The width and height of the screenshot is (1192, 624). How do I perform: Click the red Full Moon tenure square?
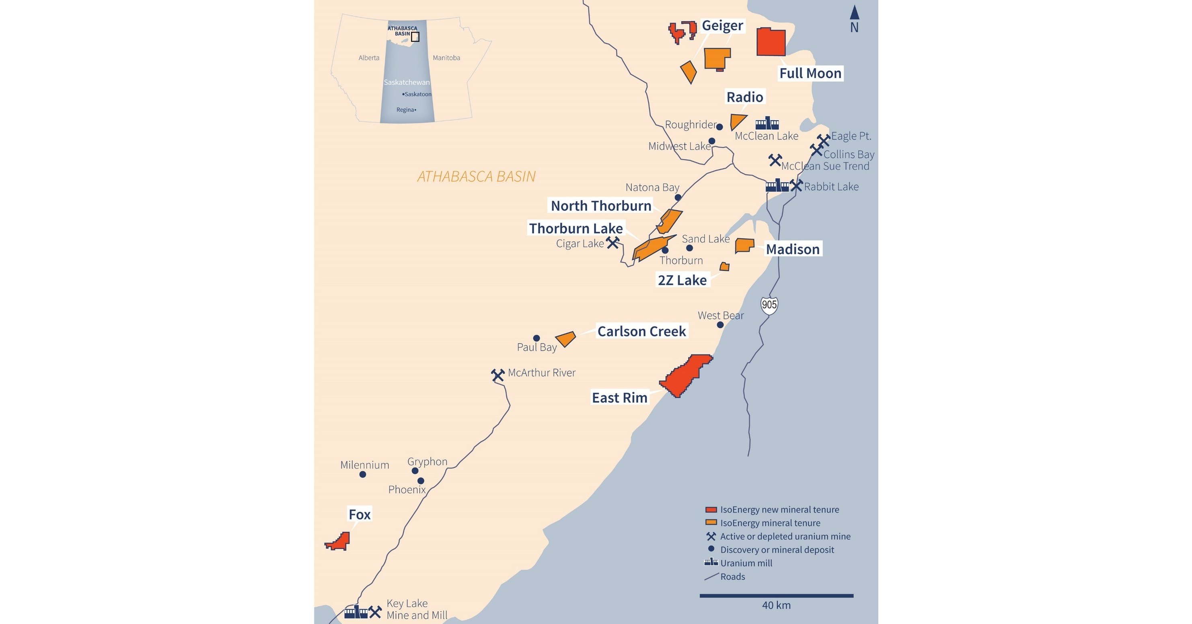click(x=771, y=42)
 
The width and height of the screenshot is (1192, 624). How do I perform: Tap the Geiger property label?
click(x=722, y=25)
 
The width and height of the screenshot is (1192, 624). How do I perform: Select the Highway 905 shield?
click(x=769, y=305)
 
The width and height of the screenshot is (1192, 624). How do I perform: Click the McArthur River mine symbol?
click(x=498, y=375)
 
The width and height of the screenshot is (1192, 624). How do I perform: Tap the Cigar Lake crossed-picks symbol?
click(x=612, y=242)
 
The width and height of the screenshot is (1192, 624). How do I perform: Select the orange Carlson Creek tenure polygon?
click(x=565, y=339)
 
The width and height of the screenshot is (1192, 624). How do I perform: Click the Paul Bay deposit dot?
click(x=536, y=338)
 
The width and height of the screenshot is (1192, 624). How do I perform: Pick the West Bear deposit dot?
click(x=720, y=325)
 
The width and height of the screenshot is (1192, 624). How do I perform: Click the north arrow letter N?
click(x=854, y=28)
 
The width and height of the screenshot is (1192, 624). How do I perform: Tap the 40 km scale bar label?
click(x=776, y=605)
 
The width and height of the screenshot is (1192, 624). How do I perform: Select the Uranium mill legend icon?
click(x=711, y=562)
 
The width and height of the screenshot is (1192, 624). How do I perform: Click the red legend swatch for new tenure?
click(x=711, y=510)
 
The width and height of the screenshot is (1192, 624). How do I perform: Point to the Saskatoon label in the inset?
click(x=417, y=95)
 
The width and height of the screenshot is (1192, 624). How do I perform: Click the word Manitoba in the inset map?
click(x=446, y=58)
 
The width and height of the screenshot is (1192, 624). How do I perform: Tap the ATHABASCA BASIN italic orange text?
click(x=476, y=176)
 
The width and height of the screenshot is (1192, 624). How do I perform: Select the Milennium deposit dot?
click(x=363, y=474)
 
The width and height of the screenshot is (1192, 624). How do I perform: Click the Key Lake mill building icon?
click(x=356, y=612)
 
